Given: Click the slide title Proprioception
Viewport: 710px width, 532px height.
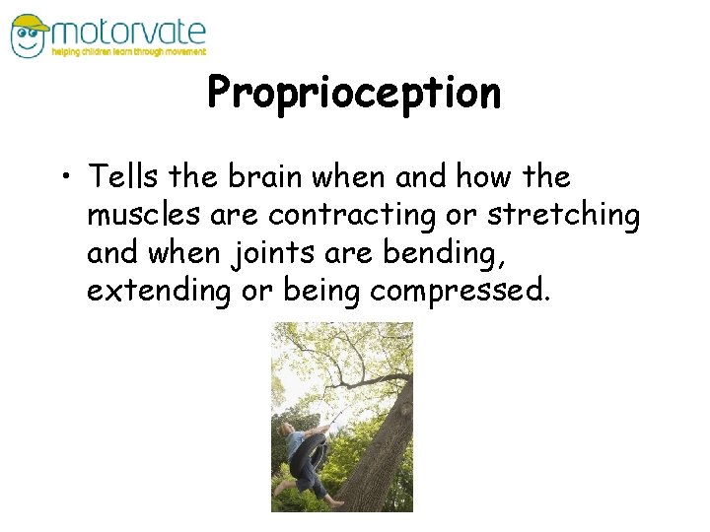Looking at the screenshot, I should (x=354, y=93).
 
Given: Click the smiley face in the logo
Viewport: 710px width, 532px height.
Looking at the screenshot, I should (x=29, y=40).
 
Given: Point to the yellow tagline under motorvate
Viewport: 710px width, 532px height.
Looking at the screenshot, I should (x=129, y=52).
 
